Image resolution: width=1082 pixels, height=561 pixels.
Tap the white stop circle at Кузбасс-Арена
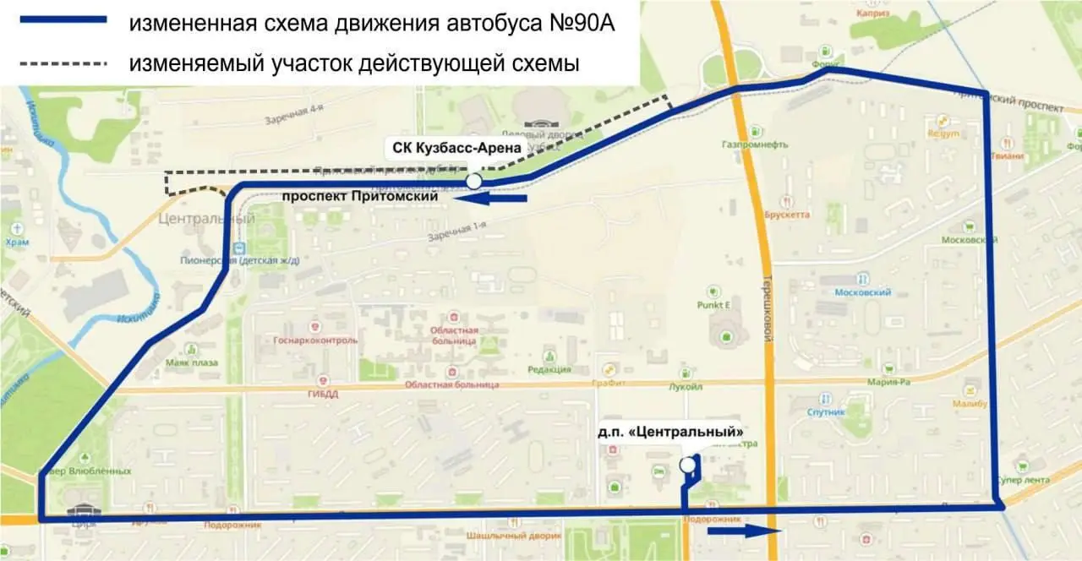pyautogui.click(x=474, y=182)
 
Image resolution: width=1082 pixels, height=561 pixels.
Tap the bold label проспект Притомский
pyautogui.click(x=359, y=196)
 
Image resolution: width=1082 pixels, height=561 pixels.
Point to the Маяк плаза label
pyautogui.click(x=191, y=363)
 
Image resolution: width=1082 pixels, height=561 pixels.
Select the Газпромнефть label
pyautogui.click(x=756, y=144)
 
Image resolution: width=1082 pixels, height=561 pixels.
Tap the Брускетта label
pyautogui.click(x=787, y=215)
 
